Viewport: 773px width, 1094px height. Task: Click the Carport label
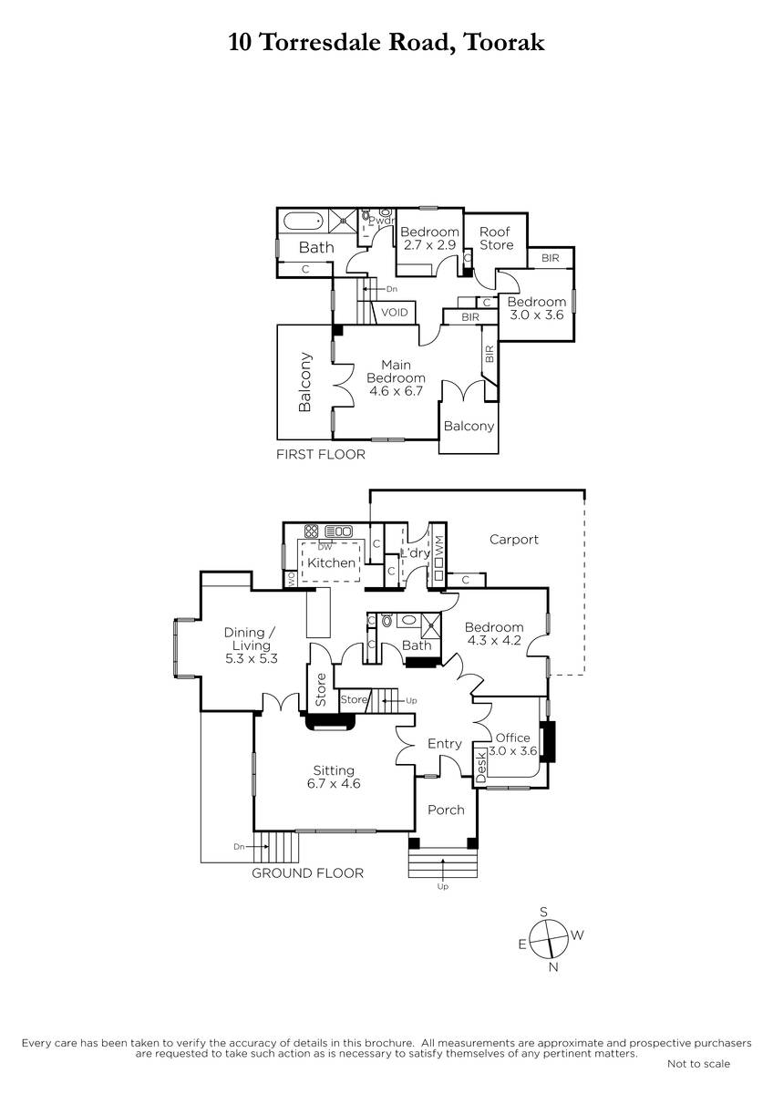click(514, 540)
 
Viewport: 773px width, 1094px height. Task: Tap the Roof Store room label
click(496, 238)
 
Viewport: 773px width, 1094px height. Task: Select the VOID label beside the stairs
click(394, 312)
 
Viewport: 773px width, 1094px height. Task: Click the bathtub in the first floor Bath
click(304, 222)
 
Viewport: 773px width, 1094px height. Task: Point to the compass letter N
click(553, 967)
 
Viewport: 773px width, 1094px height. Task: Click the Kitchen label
click(331, 562)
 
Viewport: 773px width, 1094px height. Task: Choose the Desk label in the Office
click(481, 768)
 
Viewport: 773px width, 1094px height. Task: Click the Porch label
click(446, 810)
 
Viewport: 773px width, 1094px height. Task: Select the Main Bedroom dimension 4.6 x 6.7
click(396, 391)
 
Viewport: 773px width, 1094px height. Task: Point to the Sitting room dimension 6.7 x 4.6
click(334, 784)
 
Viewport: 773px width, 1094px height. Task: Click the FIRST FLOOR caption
click(320, 454)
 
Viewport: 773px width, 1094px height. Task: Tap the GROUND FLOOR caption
click(307, 873)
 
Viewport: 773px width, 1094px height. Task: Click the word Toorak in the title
click(503, 42)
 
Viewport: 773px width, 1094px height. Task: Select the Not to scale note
click(698, 1064)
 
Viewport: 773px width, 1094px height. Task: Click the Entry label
click(444, 744)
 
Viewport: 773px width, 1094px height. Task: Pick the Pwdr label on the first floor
click(381, 221)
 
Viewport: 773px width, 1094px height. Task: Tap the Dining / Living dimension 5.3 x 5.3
click(251, 659)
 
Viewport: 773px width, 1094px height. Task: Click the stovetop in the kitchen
click(311, 531)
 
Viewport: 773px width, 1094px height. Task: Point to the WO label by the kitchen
click(291, 579)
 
